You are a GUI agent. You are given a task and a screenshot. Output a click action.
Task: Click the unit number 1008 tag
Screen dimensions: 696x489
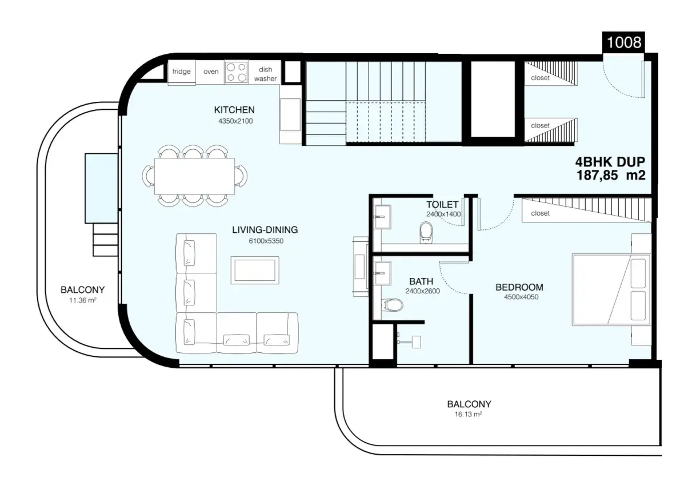pyautogui.click(x=623, y=42)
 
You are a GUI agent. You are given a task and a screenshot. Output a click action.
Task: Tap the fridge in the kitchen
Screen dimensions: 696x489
pyautogui.click(x=182, y=72)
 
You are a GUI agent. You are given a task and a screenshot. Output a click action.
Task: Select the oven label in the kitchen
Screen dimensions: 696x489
pyautogui.click(x=211, y=71)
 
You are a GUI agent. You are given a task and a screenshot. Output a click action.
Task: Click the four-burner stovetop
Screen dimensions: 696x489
pyautogui.click(x=237, y=72)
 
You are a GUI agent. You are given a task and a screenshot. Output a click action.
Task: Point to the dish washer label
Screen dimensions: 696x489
pyautogui.click(x=265, y=74)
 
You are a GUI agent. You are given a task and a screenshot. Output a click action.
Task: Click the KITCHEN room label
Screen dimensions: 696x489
pyautogui.click(x=234, y=110)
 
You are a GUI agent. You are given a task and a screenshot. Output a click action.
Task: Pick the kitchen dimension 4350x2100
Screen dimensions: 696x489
pyautogui.click(x=235, y=121)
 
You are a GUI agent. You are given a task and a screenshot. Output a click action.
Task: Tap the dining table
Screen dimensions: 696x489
pyautogui.click(x=194, y=176)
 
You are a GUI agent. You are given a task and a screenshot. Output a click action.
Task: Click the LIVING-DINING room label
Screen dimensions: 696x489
pyautogui.click(x=265, y=230)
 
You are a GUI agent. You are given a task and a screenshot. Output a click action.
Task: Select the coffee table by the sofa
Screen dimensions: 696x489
pyautogui.click(x=255, y=270)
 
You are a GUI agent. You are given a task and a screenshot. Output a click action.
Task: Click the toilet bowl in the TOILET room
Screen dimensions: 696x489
pyautogui.click(x=426, y=232)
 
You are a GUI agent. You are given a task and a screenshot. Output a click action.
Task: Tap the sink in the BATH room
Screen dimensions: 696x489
pyautogui.click(x=382, y=273)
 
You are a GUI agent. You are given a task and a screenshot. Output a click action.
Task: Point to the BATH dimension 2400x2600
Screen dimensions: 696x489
pyautogui.click(x=423, y=291)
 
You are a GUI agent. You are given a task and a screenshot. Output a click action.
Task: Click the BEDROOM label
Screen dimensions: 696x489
pyautogui.click(x=519, y=287)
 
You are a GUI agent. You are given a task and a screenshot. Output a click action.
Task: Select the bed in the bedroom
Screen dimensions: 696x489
pyautogui.click(x=611, y=289)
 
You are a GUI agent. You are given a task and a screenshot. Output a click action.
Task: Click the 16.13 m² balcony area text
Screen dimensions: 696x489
pyautogui.click(x=468, y=414)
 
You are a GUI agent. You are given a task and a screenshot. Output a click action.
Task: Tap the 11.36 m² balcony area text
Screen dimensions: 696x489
pyautogui.click(x=83, y=300)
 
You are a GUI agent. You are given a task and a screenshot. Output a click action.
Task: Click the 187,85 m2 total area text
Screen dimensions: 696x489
pyautogui.click(x=611, y=175)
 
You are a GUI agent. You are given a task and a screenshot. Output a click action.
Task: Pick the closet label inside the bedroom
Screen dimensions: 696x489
pyautogui.click(x=541, y=213)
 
